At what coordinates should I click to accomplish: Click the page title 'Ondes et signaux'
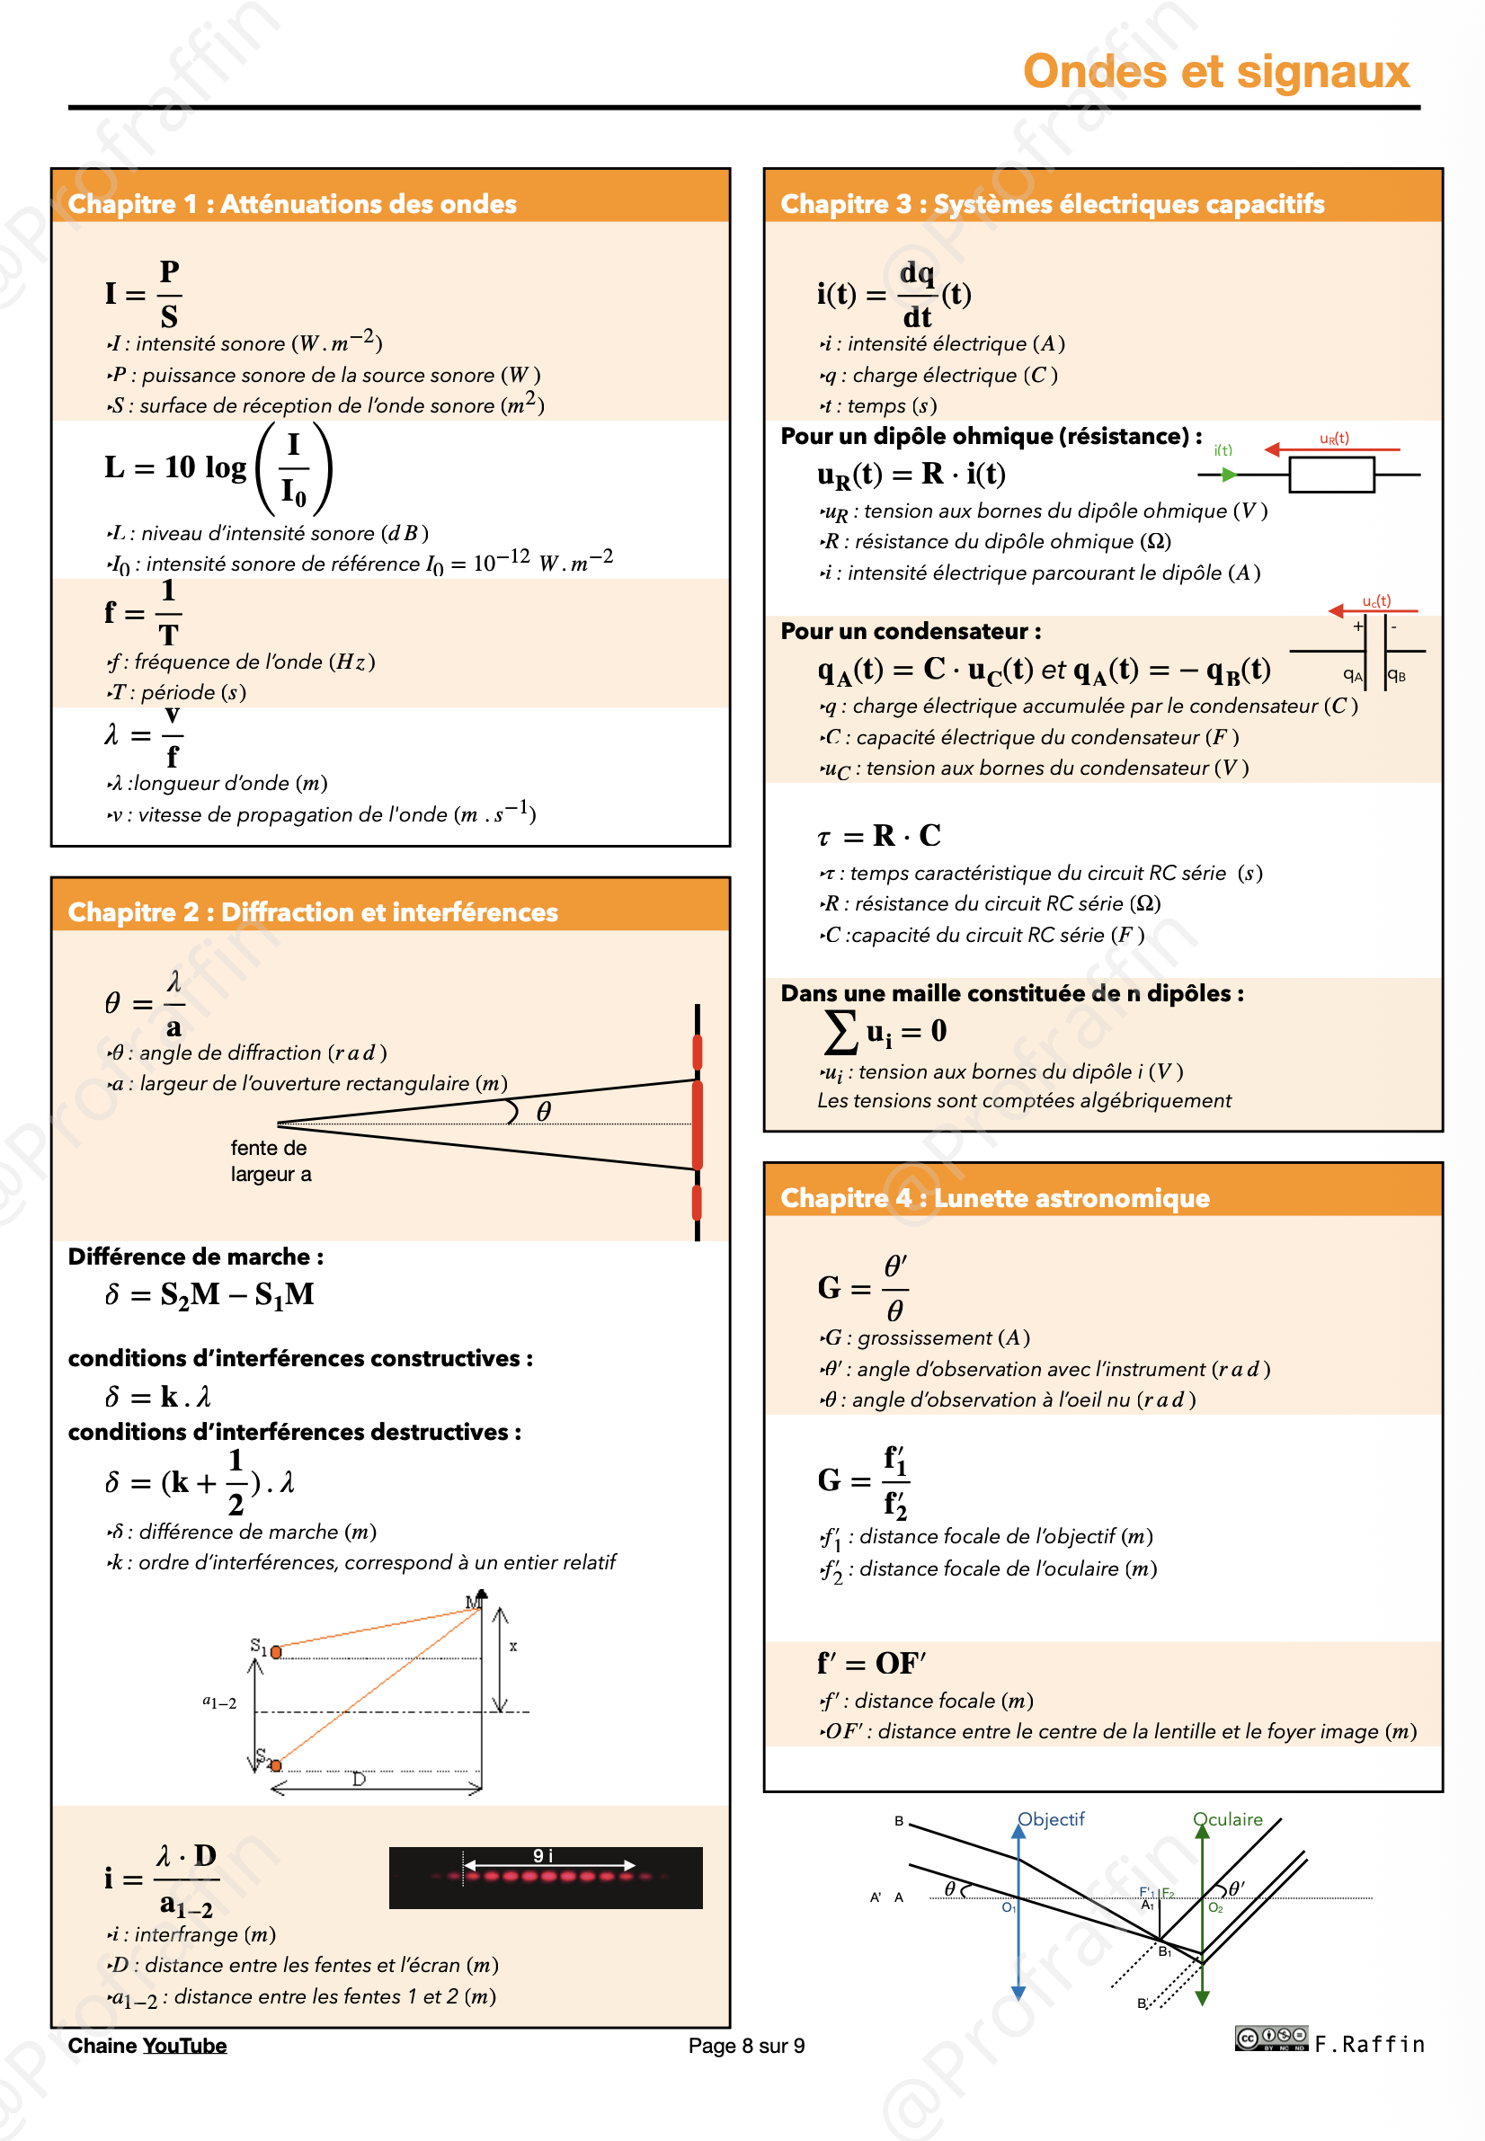point(1215,72)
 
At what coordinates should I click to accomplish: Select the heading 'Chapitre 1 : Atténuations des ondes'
point(292,204)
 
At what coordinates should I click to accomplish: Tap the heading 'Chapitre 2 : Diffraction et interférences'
point(313,911)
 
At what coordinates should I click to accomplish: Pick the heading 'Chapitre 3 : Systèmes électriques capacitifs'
point(1052,204)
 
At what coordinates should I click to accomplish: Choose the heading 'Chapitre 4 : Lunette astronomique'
point(995,1197)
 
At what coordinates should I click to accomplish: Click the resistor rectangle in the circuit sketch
point(1330,475)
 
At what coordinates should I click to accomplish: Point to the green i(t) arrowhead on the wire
point(1228,475)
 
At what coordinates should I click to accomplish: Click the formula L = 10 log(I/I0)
point(218,468)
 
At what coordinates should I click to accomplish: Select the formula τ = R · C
point(878,836)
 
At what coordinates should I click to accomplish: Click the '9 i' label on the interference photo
point(542,1855)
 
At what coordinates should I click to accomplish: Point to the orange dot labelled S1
point(276,1651)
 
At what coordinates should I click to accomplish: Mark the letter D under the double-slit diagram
point(360,1779)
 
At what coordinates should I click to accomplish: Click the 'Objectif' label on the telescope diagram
point(1051,1819)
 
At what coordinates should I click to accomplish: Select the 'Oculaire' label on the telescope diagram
point(1227,1819)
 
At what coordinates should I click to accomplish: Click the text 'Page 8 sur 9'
point(746,2045)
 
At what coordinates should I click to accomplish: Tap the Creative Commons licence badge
point(1271,2038)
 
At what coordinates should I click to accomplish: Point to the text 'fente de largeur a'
point(271,1161)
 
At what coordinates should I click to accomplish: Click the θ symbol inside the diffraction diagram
point(545,1111)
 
